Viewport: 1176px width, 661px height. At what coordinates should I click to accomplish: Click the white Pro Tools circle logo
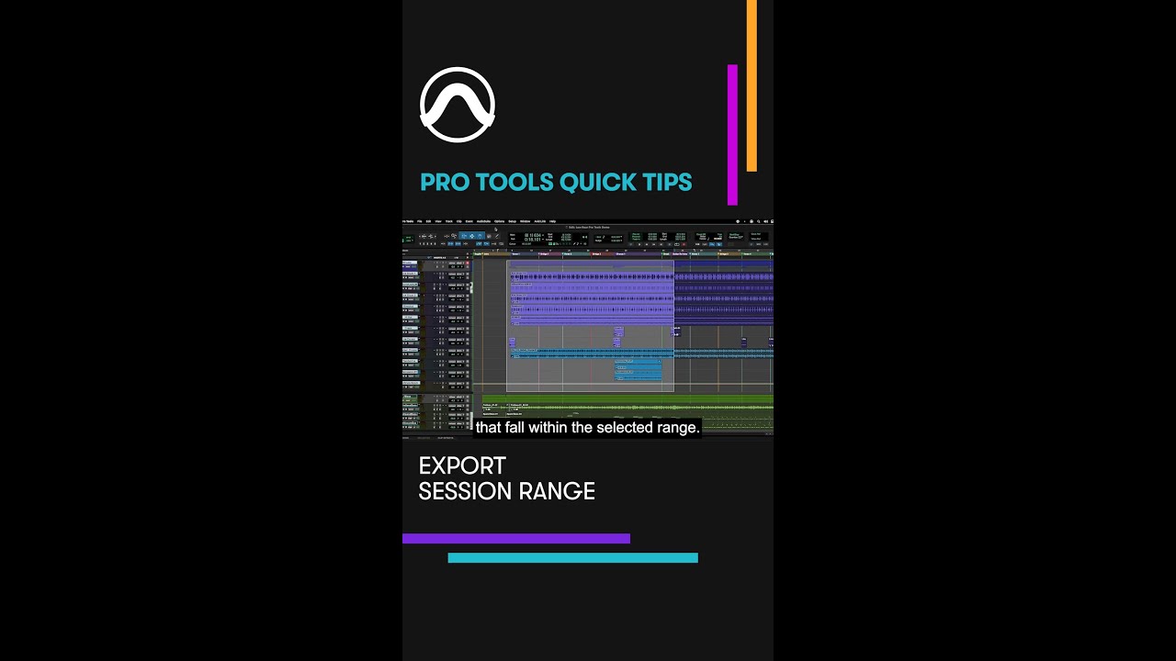click(x=458, y=105)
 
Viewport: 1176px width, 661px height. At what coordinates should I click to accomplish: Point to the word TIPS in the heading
click(x=667, y=182)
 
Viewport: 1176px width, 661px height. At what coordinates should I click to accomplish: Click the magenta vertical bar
click(x=732, y=134)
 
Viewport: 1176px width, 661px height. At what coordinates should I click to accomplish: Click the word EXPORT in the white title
click(x=462, y=465)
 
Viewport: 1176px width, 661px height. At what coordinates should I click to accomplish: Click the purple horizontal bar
click(x=515, y=539)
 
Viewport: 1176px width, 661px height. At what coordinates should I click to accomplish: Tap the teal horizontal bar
click(x=572, y=557)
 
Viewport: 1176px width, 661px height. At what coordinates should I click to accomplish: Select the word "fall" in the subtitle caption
click(x=514, y=428)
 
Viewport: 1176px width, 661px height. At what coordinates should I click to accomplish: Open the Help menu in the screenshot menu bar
click(x=552, y=221)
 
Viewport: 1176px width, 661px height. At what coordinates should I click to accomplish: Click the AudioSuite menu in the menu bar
click(x=483, y=221)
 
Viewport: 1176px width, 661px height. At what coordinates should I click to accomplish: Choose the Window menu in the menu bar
click(x=525, y=221)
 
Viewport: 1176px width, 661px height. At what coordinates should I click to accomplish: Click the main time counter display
click(x=533, y=237)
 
